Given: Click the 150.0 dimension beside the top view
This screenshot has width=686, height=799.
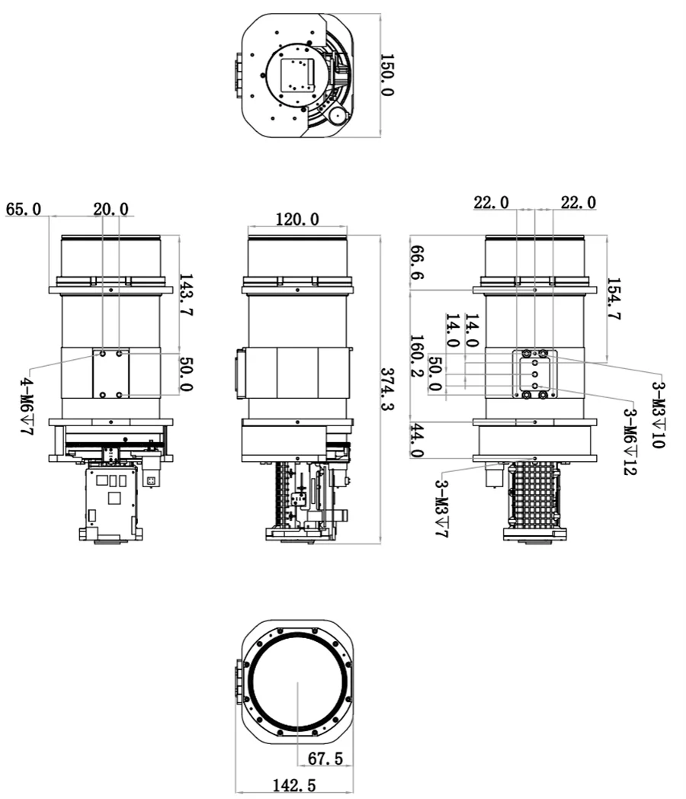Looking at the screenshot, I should click(386, 75).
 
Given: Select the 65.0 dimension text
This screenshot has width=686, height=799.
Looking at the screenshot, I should click(24, 209).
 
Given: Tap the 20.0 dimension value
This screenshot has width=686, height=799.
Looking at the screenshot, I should click(111, 209).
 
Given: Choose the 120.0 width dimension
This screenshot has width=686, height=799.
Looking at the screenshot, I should click(297, 220).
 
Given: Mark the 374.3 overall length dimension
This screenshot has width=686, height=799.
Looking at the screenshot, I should click(388, 388).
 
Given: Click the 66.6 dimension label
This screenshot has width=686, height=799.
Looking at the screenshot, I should click(417, 263).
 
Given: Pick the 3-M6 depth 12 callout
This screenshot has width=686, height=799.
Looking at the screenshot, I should click(630, 442).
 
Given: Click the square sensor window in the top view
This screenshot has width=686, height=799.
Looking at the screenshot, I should click(297, 75).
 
